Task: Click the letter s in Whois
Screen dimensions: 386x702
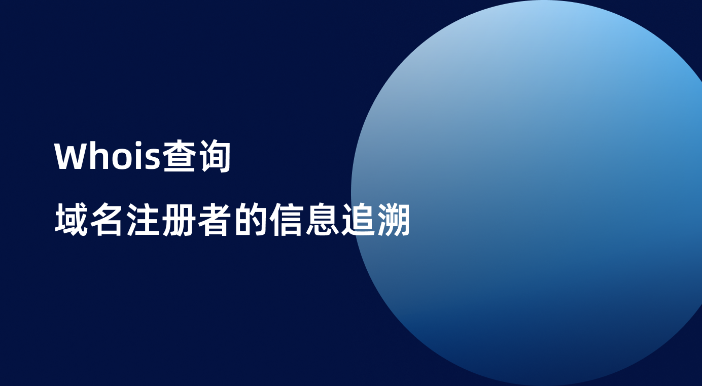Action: pyautogui.click(x=152, y=160)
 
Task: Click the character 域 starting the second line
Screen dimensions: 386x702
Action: pyautogui.click(x=72, y=221)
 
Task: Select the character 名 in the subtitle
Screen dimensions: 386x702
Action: pyautogui.click(x=107, y=221)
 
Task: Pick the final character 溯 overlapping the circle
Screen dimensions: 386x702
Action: pyautogui.click(x=393, y=221)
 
